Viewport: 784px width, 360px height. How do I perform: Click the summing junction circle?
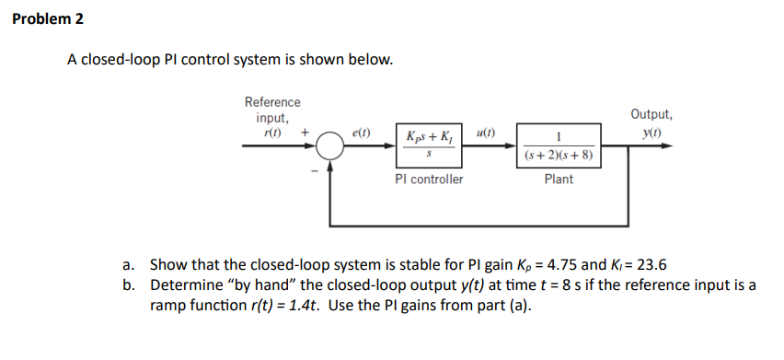click(330, 146)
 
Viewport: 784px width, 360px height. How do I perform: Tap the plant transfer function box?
click(559, 145)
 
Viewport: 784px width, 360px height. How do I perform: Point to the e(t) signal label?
click(362, 134)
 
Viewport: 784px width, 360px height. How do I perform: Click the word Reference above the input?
click(271, 102)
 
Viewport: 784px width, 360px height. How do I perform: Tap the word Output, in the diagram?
click(651, 115)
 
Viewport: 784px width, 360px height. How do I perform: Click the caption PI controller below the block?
click(429, 179)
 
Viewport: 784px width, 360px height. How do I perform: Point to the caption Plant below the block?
click(559, 179)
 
